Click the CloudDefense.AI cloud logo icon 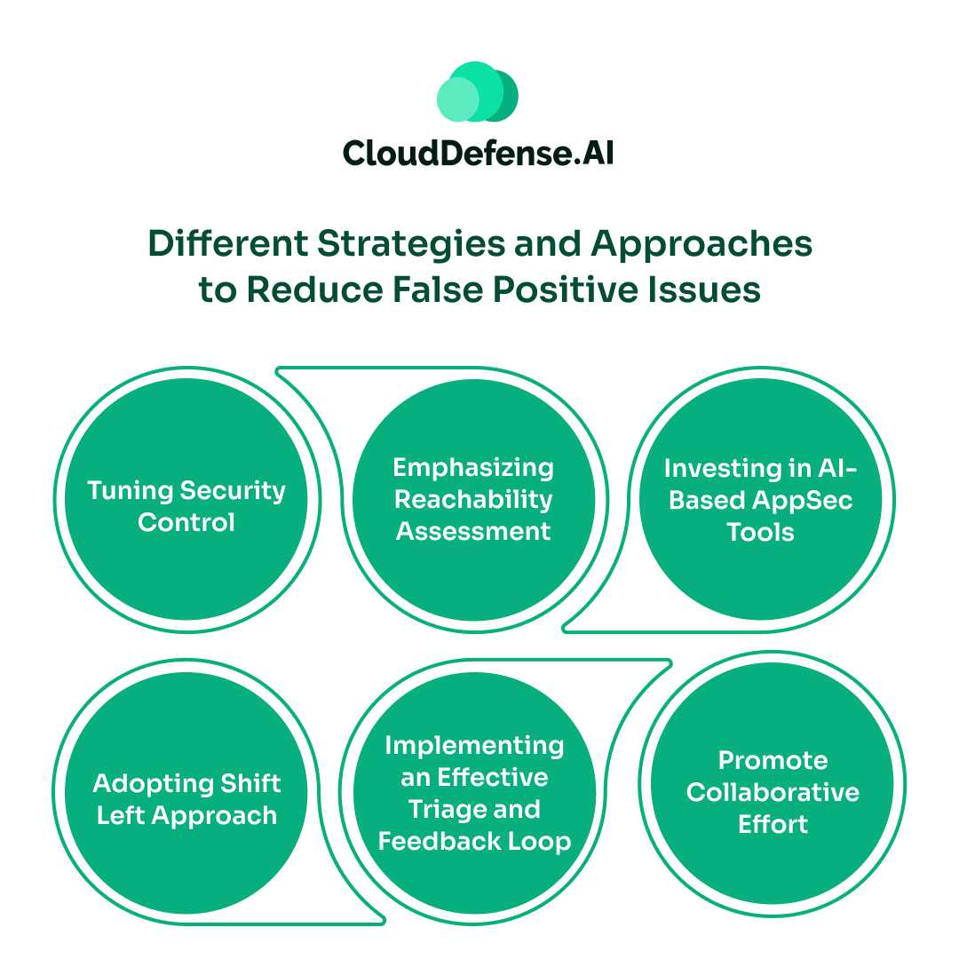pos(478,92)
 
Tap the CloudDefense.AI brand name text pos(478,154)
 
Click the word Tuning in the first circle pos(130,490)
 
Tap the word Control pos(186,522)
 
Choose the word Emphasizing pos(473,467)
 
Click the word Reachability pos(473,499)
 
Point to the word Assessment pos(473,531)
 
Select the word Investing pos(719,467)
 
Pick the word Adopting pos(139,783)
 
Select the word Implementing pos(474,745)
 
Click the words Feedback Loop pos(474,841)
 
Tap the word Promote pos(773,760)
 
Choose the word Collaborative pos(773,792)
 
